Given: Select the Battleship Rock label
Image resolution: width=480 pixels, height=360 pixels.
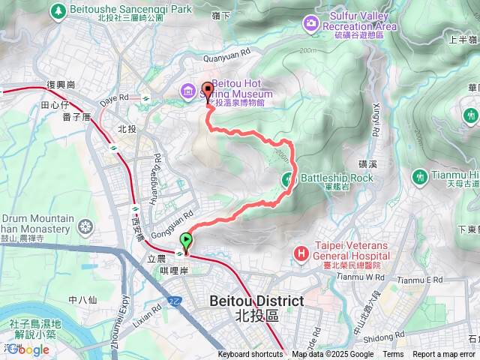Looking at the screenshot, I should tap(336, 178).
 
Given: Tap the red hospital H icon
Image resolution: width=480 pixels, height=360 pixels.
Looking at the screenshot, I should tap(301, 253).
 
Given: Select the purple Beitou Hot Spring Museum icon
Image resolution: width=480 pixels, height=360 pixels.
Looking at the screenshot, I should tap(187, 91).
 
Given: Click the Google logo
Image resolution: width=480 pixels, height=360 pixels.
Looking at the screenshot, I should tap(28, 349).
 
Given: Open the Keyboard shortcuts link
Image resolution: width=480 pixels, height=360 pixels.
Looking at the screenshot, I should tap(250, 355).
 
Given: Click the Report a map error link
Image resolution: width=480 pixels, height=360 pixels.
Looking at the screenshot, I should tap(445, 355).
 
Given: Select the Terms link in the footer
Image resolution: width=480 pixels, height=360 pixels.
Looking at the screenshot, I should tap(393, 355).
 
